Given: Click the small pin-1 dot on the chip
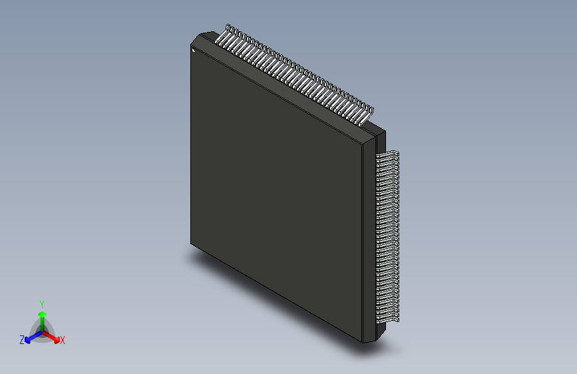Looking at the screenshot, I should (193, 49).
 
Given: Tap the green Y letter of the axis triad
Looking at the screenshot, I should (42, 303).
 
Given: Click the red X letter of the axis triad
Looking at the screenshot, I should (63, 340).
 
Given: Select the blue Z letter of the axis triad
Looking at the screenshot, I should (22, 340).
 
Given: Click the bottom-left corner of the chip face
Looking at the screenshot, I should (192, 244).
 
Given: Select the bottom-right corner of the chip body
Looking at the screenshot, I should (370, 341).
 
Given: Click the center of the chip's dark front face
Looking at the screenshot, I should (276, 193).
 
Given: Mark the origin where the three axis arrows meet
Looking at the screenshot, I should (42, 330).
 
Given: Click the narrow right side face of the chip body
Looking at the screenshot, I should (371, 240).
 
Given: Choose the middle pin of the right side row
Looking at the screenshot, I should (388, 237).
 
